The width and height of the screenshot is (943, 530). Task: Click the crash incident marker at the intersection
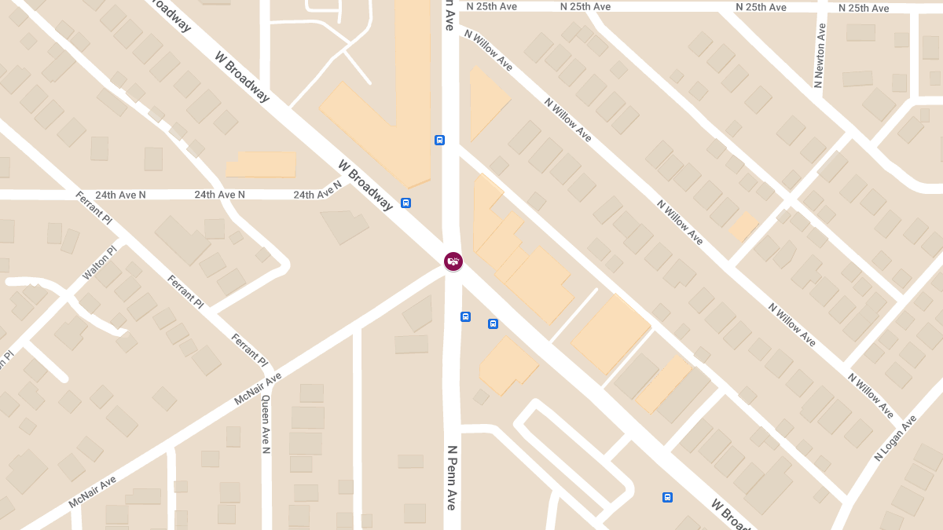pos(453,261)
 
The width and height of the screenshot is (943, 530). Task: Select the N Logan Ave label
pos(895,438)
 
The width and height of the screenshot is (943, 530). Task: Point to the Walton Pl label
pos(100,264)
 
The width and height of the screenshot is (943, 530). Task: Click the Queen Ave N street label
pos(266,424)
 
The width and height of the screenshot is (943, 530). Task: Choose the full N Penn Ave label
pos(452,478)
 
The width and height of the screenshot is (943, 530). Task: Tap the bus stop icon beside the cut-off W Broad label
pos(667,497)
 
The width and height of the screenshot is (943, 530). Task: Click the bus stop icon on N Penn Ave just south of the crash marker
pos(465,316)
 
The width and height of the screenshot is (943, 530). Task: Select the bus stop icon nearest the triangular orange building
pos(439,140)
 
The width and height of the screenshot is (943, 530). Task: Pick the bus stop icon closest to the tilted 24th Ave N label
pos(405,203)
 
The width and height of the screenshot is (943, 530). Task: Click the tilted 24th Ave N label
pos(317,191)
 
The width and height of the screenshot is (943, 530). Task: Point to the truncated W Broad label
pos(732,514)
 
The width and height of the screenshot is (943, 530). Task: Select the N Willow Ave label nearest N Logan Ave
pos(871,395)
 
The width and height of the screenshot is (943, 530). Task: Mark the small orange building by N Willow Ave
pos(743,227)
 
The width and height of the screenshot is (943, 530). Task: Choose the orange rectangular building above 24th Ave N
pos(261,165)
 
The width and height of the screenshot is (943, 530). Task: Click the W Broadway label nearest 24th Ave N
pos(365,185)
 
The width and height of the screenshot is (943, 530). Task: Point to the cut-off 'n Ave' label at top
pos(449,14)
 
